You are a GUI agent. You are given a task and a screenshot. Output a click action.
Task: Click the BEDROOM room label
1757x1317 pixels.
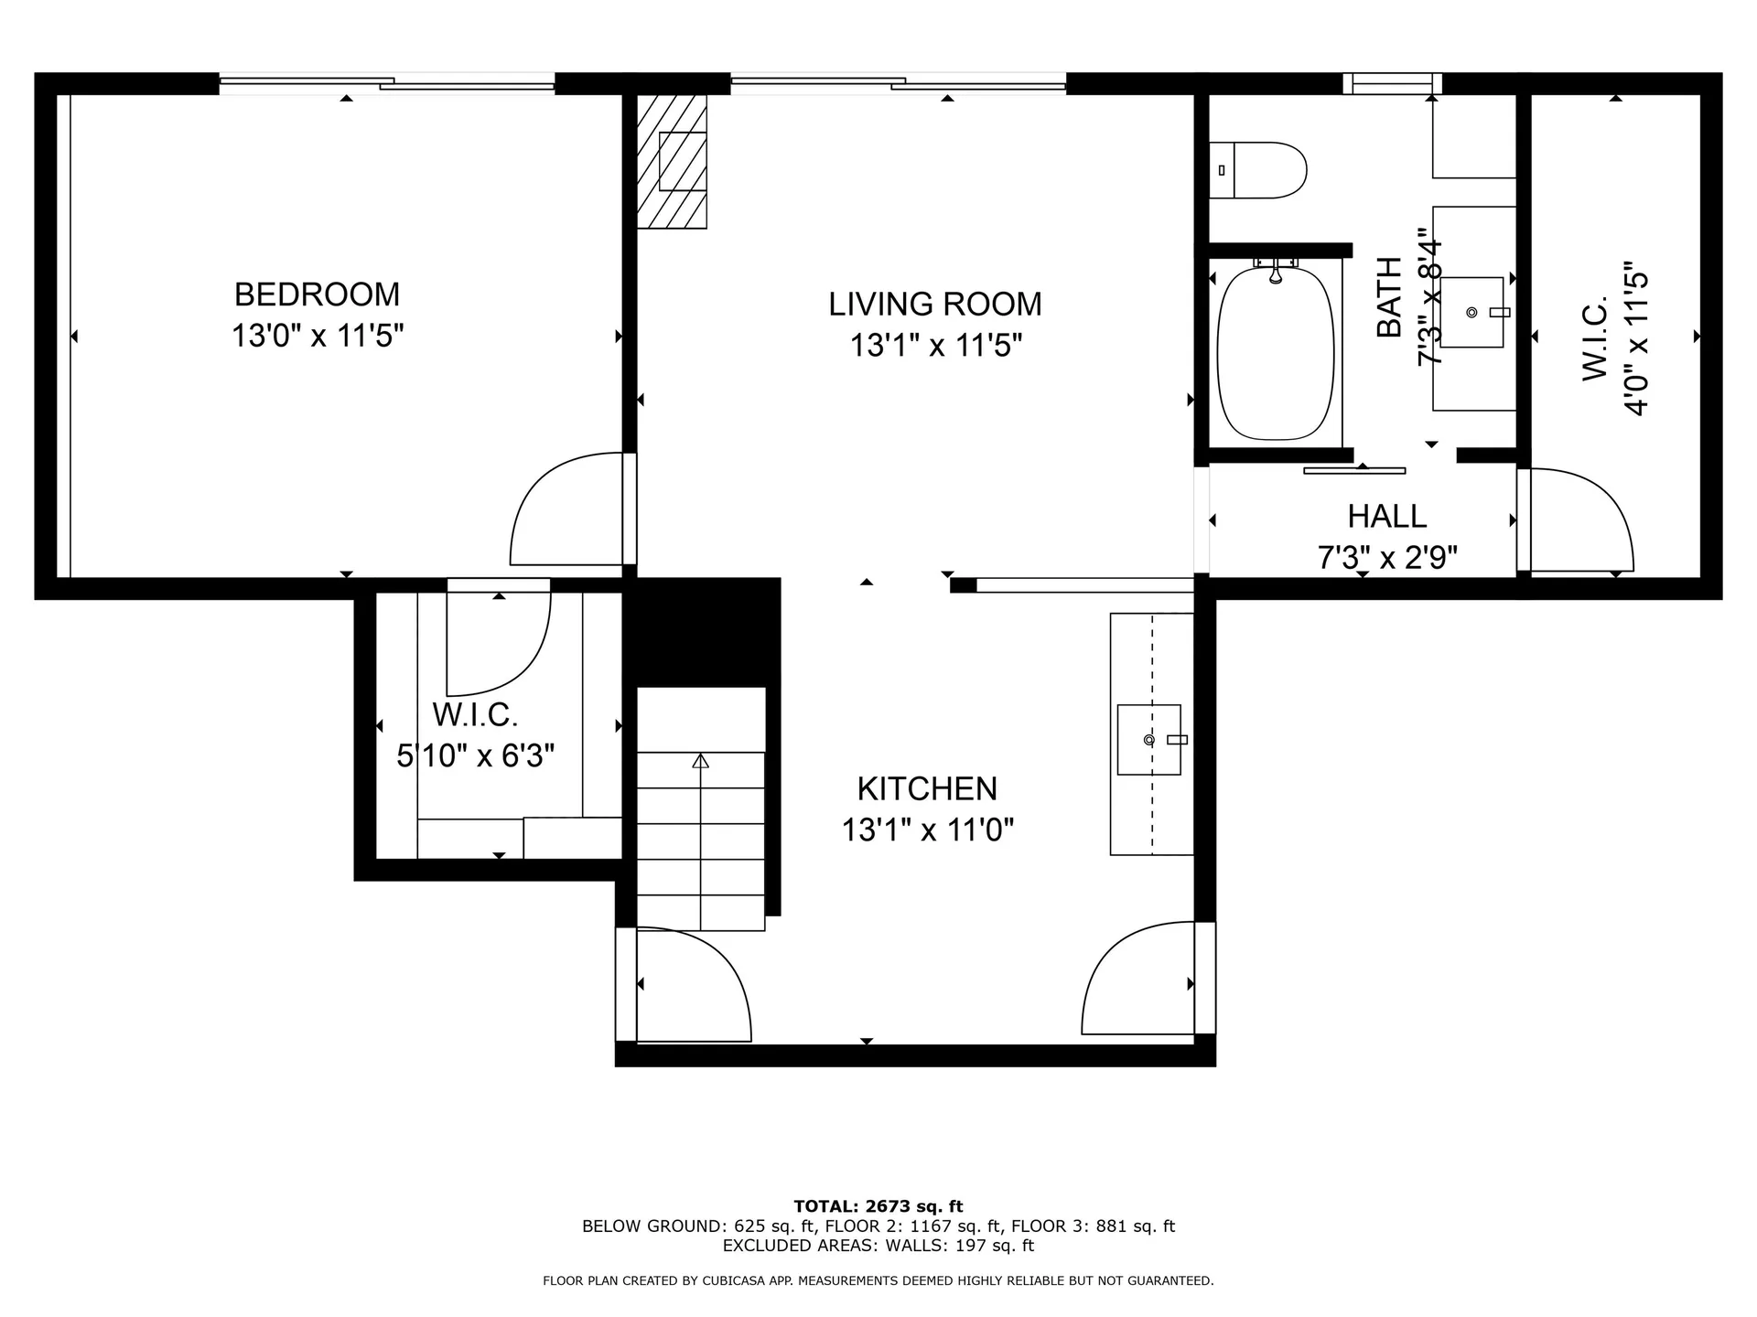317,294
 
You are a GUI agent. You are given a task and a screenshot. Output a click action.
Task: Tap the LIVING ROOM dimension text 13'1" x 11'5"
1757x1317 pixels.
935,346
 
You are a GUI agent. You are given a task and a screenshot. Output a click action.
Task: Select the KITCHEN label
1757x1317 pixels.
926,788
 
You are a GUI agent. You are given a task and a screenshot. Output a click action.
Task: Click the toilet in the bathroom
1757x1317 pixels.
1258,170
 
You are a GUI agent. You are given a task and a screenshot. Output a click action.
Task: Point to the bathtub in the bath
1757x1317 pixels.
1276,354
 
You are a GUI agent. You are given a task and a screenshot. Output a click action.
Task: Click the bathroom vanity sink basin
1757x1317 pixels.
1471,313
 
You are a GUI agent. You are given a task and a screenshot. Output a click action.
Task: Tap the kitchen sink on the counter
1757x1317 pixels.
1149,739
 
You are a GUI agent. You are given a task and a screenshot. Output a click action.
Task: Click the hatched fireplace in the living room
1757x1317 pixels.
673,161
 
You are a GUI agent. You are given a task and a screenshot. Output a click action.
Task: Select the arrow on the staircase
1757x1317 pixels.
700,761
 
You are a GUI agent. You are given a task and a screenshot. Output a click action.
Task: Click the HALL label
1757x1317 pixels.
1386,517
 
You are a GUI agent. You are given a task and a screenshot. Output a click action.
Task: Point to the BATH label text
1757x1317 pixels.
1389,298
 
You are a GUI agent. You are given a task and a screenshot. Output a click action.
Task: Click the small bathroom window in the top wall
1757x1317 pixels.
1392,84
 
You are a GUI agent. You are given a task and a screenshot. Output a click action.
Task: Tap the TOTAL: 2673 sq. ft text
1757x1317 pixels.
878,1206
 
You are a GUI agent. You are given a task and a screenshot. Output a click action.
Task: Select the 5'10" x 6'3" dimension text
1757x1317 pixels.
475,756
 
